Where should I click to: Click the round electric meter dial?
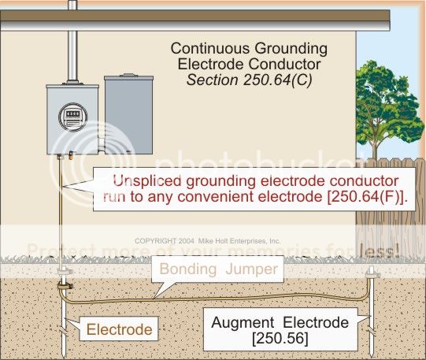71,117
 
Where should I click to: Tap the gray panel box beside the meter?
128,110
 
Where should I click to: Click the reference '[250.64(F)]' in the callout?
356,197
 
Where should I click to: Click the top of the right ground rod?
372,272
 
